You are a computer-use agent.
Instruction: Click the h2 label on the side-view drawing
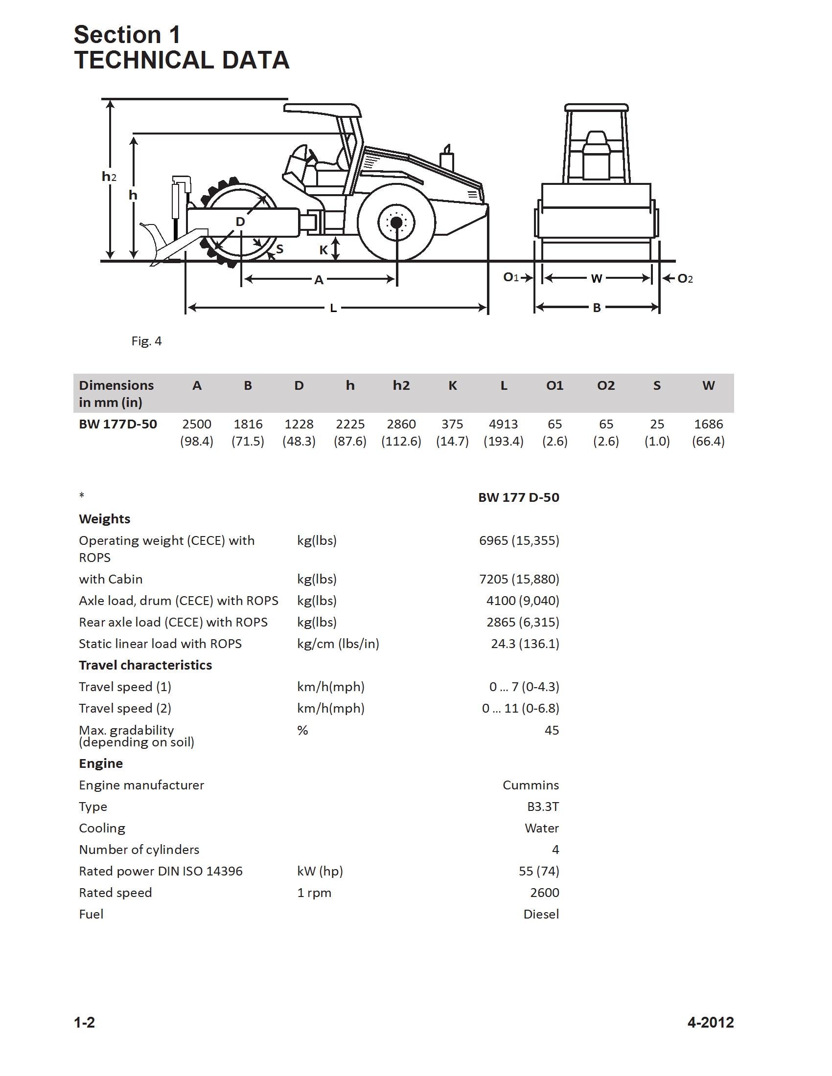pos(109,177)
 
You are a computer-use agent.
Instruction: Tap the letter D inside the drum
pos(240,222)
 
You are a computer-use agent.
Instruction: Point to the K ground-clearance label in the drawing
pos(324,250)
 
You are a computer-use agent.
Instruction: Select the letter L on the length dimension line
pos(333,308)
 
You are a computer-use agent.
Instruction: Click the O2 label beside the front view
pos(685,279)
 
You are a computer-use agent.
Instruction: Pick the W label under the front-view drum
pos(597,279)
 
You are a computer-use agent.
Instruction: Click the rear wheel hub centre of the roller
pos(396,223)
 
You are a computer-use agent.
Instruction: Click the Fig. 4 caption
pos(146,341)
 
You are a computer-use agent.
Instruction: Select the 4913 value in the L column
pos(503,424)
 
